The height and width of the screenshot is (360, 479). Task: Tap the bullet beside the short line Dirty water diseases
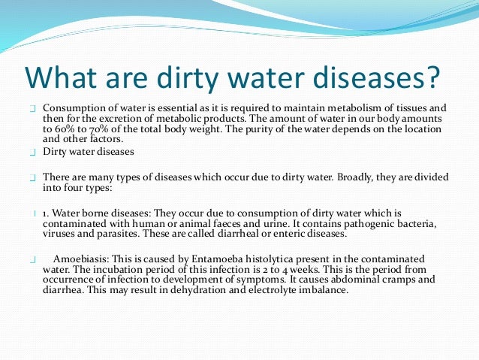[x=33, y=153]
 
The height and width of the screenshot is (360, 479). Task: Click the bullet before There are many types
[x=33, y=177]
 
